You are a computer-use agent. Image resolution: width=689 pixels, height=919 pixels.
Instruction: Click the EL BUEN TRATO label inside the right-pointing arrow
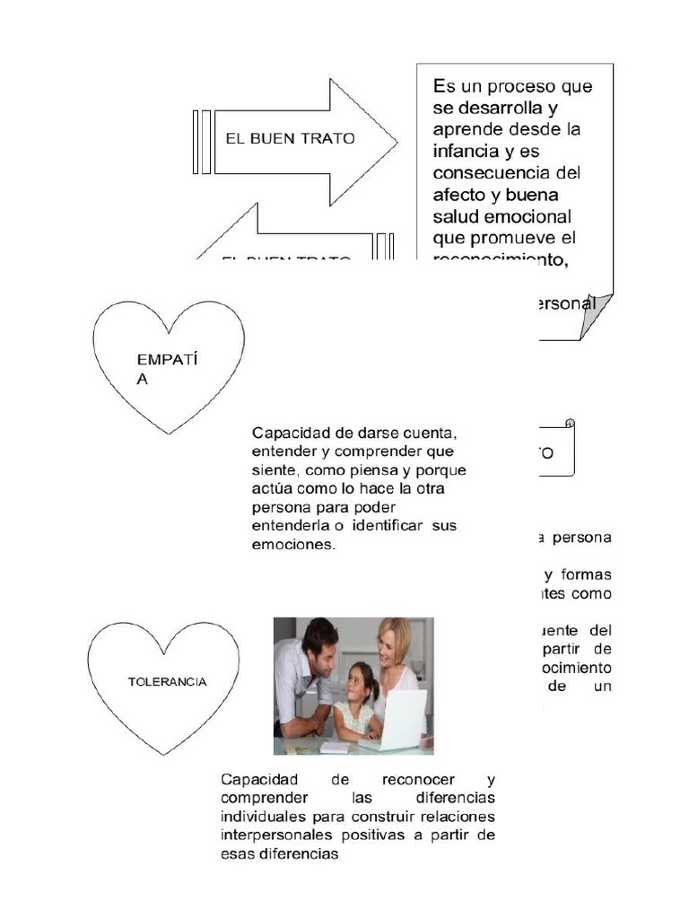tap(290, 139)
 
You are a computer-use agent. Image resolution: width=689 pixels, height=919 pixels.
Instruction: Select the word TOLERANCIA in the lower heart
tap(167, 681)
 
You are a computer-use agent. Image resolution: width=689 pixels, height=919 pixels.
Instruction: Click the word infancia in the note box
tap(470, 151)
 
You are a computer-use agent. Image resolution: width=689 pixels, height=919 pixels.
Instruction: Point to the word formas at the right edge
tap(588, 574)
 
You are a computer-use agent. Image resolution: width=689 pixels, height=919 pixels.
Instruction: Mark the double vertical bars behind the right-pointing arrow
tap(202, 142)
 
